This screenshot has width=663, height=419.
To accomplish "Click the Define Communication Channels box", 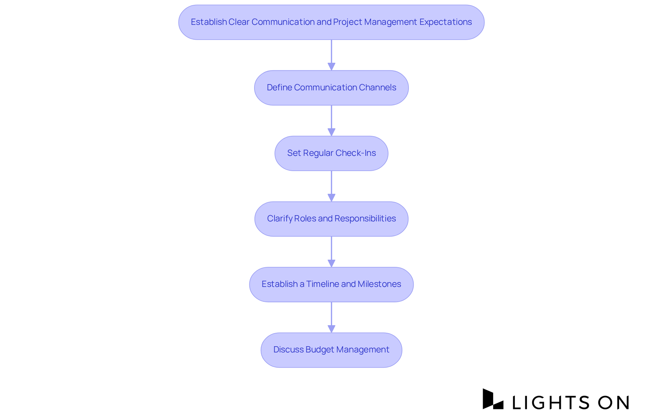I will click(331, 88).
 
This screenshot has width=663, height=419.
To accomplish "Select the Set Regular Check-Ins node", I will click(331, 153).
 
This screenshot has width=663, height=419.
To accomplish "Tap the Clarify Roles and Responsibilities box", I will click(331, 219).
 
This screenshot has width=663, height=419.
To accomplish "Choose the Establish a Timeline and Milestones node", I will click(331, 285).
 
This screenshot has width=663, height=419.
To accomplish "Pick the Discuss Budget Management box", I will click(331, 350).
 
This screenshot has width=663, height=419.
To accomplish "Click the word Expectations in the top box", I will click(445, 22).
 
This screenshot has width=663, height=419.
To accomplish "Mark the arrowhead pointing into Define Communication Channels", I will click(331, 67).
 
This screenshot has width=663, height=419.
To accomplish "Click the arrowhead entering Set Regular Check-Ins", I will click(331, 132).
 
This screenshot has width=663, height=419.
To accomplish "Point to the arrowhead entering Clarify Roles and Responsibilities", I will click(331, 198).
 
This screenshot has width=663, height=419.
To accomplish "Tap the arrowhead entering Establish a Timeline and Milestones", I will click(331, 263).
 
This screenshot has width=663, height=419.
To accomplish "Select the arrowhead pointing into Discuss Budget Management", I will click(331, 329).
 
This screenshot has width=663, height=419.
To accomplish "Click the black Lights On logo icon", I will click(493, 399).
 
